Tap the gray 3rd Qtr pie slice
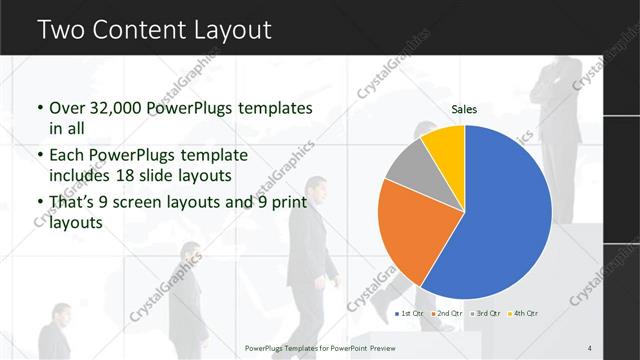point(411,165)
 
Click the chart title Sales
point(464,109)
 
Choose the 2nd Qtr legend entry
point(447,314)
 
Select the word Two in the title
point(62,30)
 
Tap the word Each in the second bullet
point(68,155)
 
